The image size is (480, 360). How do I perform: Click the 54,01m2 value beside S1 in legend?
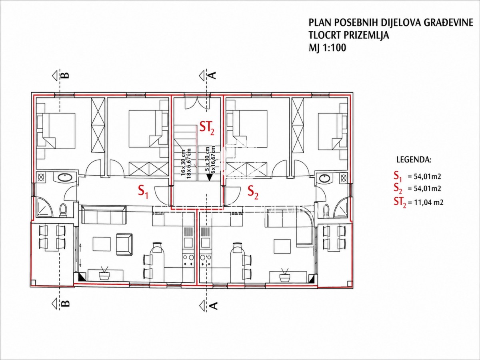pos(424,176)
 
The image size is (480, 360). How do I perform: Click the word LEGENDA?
pos(414,160)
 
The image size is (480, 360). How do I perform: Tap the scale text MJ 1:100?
pos(327,48)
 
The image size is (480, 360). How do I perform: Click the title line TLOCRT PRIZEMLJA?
pos(349,35)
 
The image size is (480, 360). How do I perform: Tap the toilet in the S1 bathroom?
pos(63,210)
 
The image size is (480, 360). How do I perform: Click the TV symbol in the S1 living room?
pos(105,274)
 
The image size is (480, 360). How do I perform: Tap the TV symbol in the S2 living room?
pos(285,275)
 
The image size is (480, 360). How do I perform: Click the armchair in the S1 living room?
pos(124,244)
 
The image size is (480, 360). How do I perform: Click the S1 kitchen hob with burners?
pos(188,260)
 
